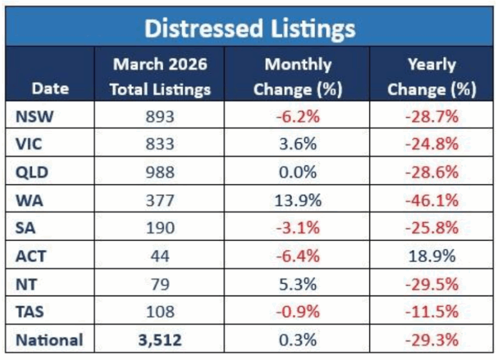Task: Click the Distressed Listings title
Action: point(250,29)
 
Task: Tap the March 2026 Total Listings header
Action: point(160,77)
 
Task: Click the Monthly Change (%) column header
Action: point(297,77)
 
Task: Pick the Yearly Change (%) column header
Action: point(431,77)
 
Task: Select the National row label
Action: point(49,339)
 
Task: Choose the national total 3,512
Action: point(160,340)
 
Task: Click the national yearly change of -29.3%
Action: point(431,340)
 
